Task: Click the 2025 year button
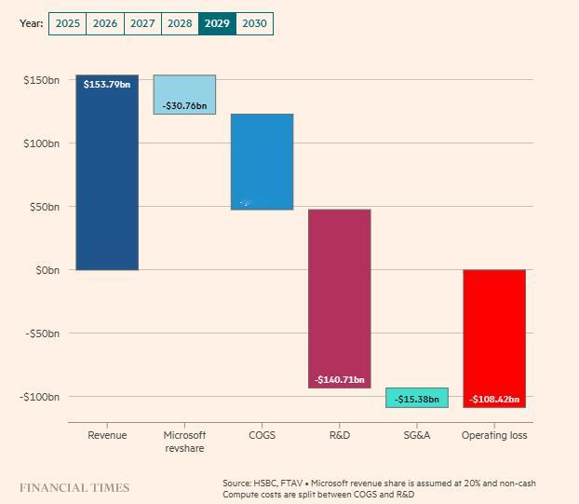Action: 67,23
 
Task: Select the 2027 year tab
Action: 142,23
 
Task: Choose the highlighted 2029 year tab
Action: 217,23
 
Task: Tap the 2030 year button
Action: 253,23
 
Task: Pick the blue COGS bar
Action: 262,162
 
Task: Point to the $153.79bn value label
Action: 107,85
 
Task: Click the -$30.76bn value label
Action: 184,106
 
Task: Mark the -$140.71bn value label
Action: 339,380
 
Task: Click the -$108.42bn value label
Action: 494,400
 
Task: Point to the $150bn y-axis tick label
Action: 41,80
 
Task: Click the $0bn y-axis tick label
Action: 45,270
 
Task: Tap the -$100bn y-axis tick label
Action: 40,397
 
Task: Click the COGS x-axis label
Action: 262,435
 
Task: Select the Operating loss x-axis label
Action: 494,435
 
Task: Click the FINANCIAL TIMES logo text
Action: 74,487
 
